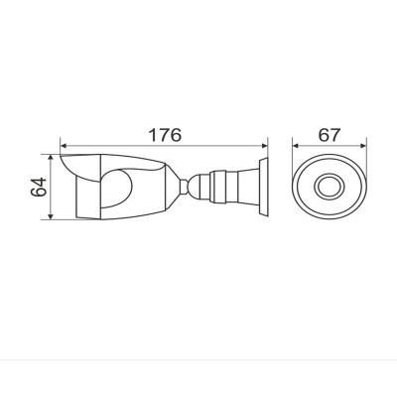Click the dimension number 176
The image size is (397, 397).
[x=165, y=135]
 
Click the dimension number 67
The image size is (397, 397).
[x=330, y=135]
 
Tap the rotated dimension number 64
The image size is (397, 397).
[x=39, y=187]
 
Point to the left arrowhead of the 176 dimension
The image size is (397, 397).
[x=64, y=146]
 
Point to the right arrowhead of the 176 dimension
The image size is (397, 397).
[x=264, y=146]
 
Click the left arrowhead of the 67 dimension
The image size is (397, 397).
[x=296, y=146]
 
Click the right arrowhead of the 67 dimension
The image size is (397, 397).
[x=363, y=146]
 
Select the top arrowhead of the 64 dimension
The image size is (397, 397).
[x=51, y=158]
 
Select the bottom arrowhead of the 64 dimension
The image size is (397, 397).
[x=51, y=216]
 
